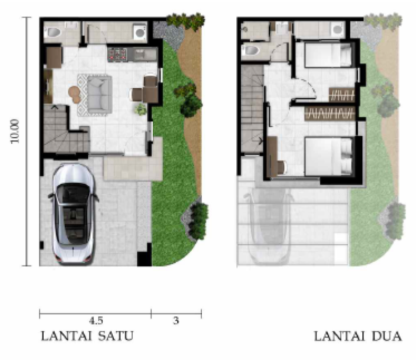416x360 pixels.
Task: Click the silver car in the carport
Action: [73, 214]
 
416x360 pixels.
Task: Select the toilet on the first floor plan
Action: [55, 32]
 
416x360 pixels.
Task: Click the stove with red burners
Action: [118, 54]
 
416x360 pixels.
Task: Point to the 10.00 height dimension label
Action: [16, 131]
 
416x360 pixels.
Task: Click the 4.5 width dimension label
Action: [96, 321]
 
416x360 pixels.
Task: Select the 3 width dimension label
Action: [176, 321]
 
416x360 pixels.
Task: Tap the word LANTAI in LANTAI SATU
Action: [66, 336]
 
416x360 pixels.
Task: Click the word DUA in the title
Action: [386, 336]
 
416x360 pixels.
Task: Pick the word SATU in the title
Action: [116, 336]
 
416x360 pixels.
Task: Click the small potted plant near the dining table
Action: [140, 108]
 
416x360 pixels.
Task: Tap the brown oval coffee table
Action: [75, 94]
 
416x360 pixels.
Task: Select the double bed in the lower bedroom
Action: [329, 156]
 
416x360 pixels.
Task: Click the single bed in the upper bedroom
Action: [328, 55]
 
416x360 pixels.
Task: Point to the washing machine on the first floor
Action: [140, 32]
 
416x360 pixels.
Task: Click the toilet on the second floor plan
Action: [251, 49]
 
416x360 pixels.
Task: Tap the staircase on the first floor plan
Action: [66, 128]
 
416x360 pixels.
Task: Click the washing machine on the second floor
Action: [337, 29]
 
